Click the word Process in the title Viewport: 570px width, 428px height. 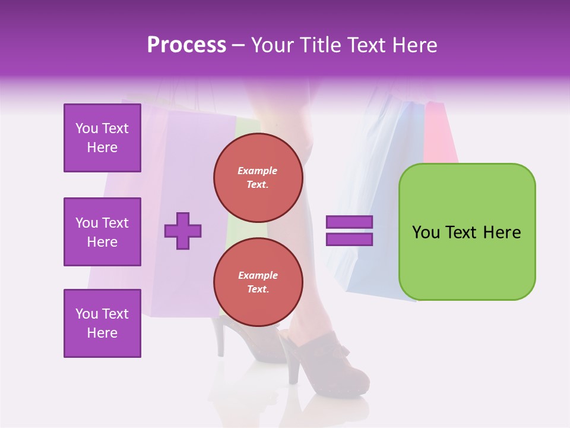pos(186,45)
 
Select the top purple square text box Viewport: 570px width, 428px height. pos(102,138)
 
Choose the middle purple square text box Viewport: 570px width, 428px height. pos(102,232)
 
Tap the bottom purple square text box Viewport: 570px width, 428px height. pos(102,323)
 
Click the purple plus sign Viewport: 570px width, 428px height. pos(183,231)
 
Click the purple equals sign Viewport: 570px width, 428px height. pos(349,231)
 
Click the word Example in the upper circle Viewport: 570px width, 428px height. pos(258,171)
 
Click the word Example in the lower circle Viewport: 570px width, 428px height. pos(258,275)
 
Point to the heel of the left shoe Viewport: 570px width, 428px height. pos(221,339)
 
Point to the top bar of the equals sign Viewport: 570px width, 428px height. pos(349,222)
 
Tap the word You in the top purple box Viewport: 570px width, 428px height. pos(87,128)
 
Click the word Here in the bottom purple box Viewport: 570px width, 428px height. pos(102,333)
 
